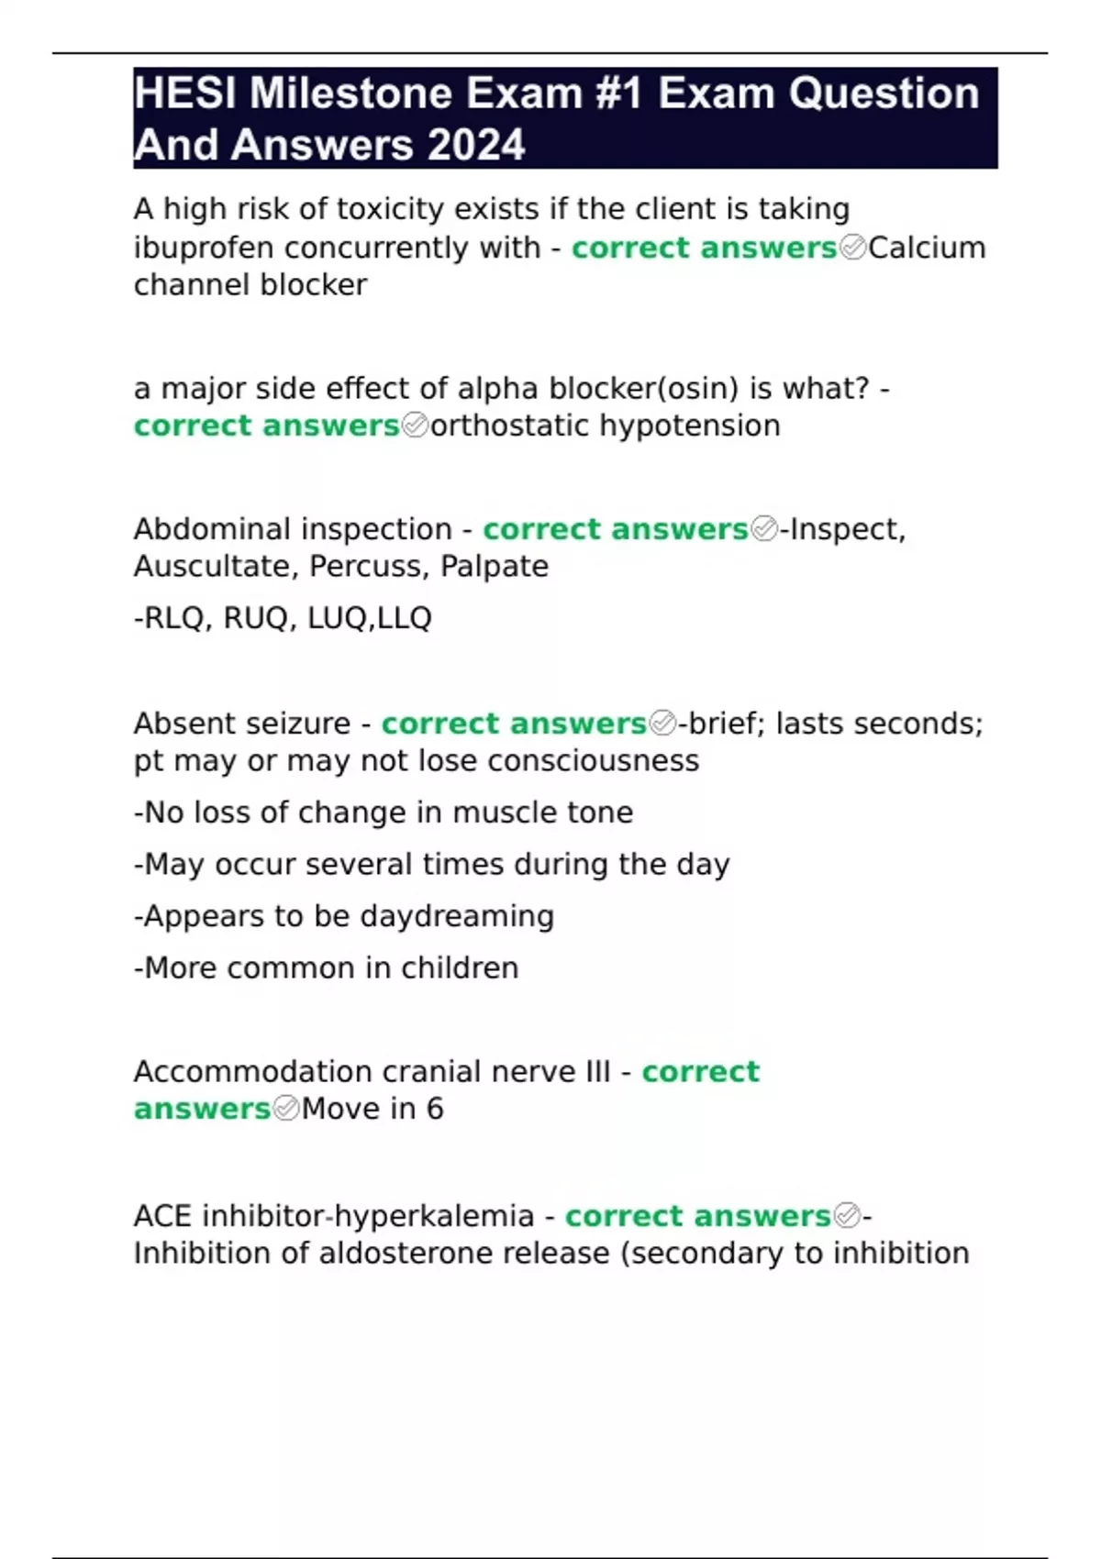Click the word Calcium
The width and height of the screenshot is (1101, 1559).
point(927,248)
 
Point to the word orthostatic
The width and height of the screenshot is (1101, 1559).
point(509,426)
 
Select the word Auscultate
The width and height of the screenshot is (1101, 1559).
point(216,567)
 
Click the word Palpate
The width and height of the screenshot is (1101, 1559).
point(495,567)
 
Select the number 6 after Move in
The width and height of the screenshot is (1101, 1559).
point(435,1109)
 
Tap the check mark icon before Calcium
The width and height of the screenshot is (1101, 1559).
point(852,248)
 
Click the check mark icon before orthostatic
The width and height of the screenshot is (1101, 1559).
point(415,426)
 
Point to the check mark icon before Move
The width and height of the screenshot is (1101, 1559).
point(286,1109)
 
